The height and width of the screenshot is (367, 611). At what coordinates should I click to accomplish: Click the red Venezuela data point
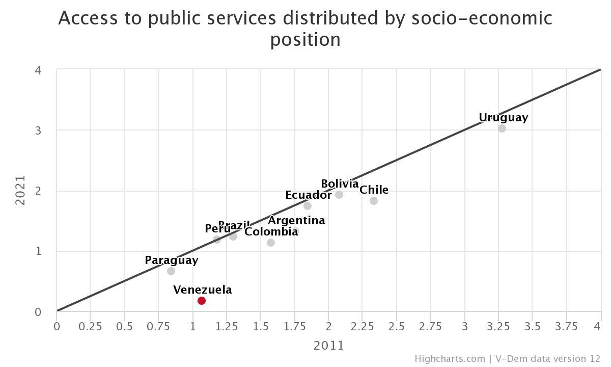pyautogui.click(x=202, y=301)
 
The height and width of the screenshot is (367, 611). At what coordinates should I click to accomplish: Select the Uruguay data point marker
pyautogui.click(x=502, y=128)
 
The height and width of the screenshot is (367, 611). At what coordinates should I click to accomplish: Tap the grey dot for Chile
pyautogui.click(x=374, y=201)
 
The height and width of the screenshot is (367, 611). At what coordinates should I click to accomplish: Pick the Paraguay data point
pyautogui.click(x=171, y=271)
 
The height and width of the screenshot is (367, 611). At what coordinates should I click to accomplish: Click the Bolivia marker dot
pyautogui.click(x=339, y=195)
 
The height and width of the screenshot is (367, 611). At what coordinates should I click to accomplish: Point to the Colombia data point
pyautogui.click(x=271, y=243)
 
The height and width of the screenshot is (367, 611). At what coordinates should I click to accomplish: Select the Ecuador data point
pyautogui.click(x=308, y=206)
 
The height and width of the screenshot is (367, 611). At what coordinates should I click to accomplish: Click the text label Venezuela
pyautogui.click(x=203, y=290)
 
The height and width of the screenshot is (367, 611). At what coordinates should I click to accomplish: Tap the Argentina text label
pyautogui.click(x=296, y=221)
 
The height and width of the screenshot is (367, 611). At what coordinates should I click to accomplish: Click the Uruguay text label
pyautogui.click(x=503, y=118)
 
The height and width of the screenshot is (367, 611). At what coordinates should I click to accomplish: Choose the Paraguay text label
pyautogui.click(x=171, y=260)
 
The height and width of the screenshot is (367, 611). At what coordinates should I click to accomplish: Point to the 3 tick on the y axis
pyautogui.click(x=38, y=130)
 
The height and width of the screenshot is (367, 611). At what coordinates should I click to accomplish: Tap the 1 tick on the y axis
pyautogui.click(x=38, y=251)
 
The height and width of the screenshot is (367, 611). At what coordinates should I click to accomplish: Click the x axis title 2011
pyautogui.click(x=328, y=346)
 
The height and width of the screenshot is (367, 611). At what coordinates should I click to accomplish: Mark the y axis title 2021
pyautogui.click(x=20, y=190)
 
